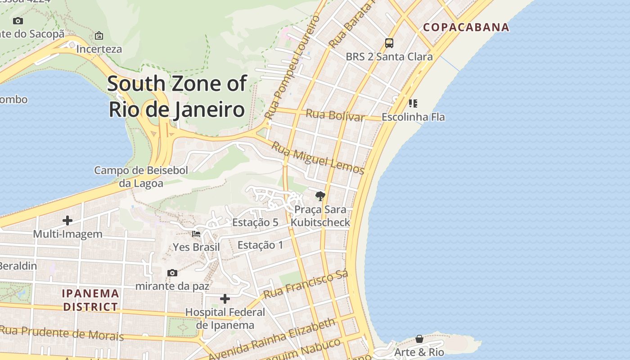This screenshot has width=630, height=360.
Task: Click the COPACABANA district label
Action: pyautogui.click(x=466, y=27)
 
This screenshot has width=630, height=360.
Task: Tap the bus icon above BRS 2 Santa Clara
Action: pyautogui.click(x=389, y=43)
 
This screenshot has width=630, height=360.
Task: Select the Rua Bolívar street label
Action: pyautogui.click(x=335, y=115)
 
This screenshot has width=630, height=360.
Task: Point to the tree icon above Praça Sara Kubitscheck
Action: pyautogui.click(x=320, y=196)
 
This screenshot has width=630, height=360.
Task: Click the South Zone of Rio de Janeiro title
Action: pyautogui.click(x=177, y=96)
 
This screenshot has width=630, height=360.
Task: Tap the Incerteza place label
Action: pyautogui.click(x=99, y=49)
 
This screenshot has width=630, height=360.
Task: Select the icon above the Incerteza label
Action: pyautogui.click(x=99, y=36)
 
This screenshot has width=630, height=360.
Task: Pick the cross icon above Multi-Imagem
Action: pyautogui.click(x=67, y=220)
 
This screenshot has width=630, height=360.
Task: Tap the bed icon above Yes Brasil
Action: pyautogui.click(x=196, y=234)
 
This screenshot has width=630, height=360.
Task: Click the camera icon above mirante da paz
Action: pyautogui.click(x=172, y=273)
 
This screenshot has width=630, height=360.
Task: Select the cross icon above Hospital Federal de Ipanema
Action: pyautogui.click(x=225, y=299)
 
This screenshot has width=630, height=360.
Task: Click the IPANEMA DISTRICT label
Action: pyautogui.click(x=90, y=300)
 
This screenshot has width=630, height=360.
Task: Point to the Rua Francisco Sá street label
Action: pyautogui.click(x=306, y=284)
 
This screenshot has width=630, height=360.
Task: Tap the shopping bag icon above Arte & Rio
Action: pyautogui.click(x=419, y=339)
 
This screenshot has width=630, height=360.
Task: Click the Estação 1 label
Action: pyautogui.click(x=261, y=245)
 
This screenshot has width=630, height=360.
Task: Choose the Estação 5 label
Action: pyautogui.click(x=255, y=222)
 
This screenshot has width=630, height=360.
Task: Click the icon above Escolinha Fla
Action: pyautogui.click(x=413, y=103)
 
